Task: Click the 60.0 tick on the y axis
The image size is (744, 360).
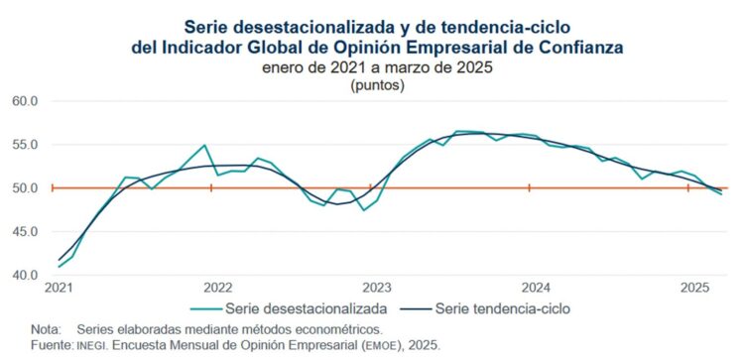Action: click(x=24, y=100)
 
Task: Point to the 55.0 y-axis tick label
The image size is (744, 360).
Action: click(x=24, y=144)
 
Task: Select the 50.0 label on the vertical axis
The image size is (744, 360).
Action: click(x=24, y=187)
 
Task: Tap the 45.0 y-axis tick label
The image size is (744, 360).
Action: click(x=24, y=231)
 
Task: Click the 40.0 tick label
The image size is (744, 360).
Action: click(x=24, y=275)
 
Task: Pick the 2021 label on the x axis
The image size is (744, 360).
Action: click(x=59, y=288)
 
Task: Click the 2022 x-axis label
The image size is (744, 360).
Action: click(x=217, y=288)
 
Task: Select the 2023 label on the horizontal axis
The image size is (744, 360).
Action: click(x=376, y=288)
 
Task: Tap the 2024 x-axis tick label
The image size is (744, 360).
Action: click(x=535, y=288)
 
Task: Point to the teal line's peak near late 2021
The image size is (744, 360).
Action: click(x=204, y=145)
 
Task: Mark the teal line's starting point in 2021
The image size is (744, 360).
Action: click(x=60, y=266)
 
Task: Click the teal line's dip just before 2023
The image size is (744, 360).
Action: click(x=363, y=209)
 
